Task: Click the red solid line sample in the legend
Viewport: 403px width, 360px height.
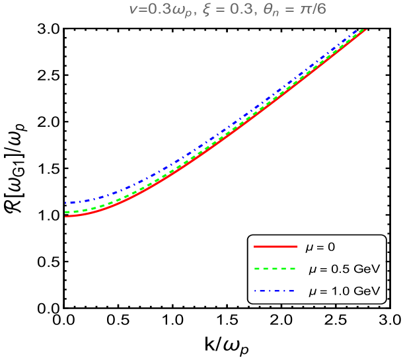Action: (275, 246)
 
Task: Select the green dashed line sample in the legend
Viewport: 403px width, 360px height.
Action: (274, 269)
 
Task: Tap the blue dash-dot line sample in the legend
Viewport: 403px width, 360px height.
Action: (274, 291)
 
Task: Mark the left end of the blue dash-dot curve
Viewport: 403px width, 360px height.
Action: (66, 203)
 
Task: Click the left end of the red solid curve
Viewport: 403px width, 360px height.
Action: (66, 217)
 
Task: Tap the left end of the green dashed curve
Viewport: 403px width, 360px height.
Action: (66, 212)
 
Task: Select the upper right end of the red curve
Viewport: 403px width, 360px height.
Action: (365, 30)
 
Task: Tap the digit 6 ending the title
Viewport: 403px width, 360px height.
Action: (321, 10)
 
